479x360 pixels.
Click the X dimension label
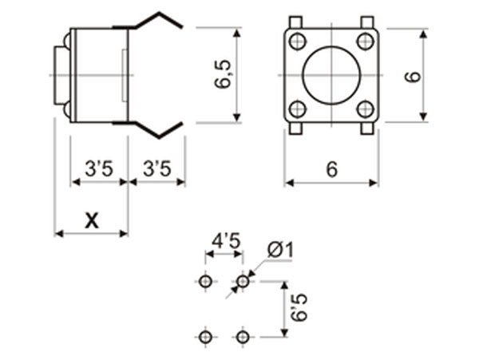[92, 220]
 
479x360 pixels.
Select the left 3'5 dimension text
[100, 168]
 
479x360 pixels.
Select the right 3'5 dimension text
[156, 168]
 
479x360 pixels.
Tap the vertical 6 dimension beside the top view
[411, 77]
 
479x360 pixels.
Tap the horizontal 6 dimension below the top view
[331, 169]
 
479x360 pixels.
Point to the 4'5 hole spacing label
[224, 239]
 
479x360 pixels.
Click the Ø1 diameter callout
[280, 251]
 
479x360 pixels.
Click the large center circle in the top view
[331, 76]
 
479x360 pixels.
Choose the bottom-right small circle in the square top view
[366, 109]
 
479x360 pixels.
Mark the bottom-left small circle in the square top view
[298, 109]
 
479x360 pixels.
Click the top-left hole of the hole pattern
[206, 281]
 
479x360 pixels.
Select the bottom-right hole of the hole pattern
[243, 337]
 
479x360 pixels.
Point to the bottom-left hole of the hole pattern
[206, 337]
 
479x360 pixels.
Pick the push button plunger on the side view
[59, 75]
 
